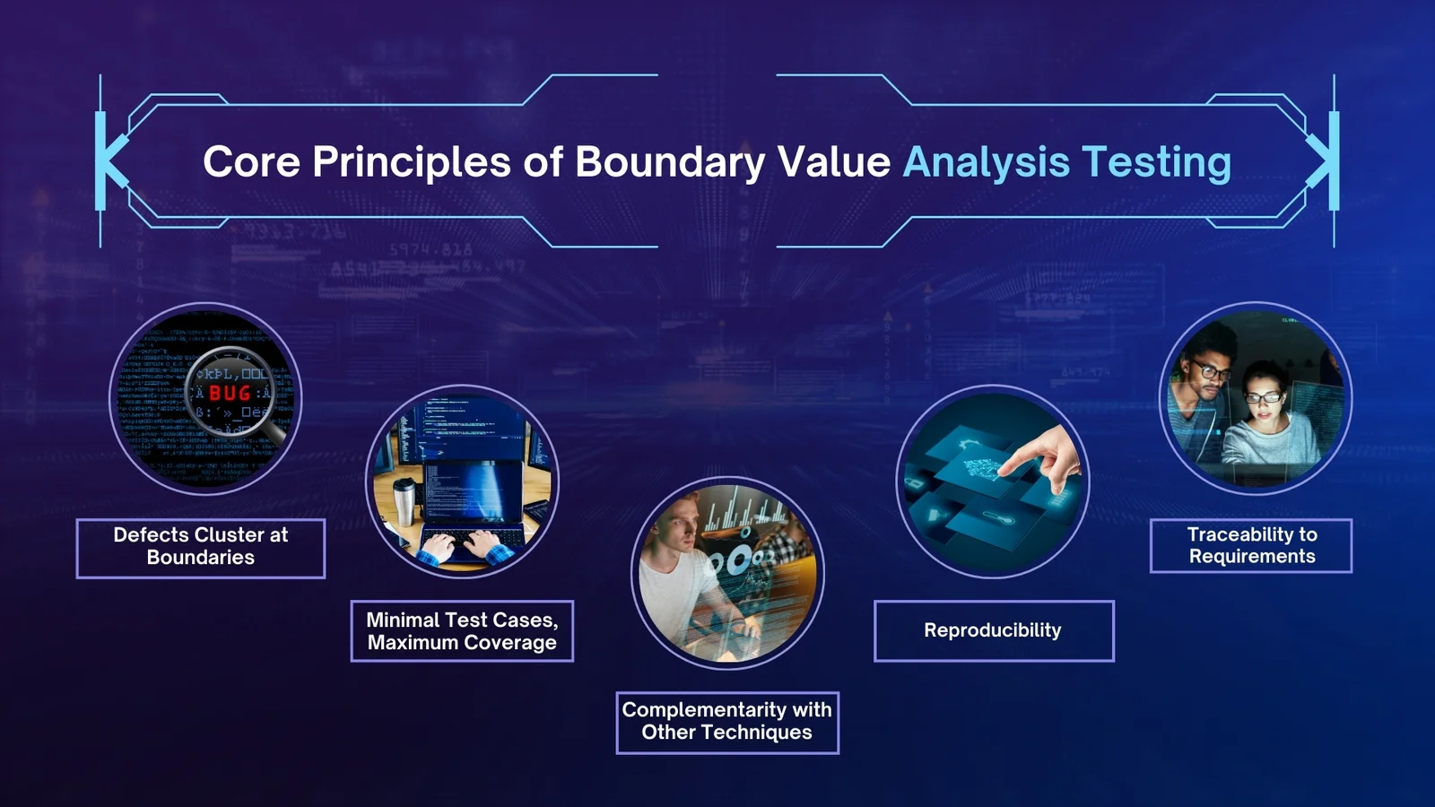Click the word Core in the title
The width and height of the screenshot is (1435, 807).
tap(251, 163)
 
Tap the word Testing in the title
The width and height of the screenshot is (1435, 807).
tap(1156, 163)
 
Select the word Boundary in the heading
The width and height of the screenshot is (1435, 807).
tap(670, 163)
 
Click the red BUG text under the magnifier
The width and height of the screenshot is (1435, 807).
tap(230, 393)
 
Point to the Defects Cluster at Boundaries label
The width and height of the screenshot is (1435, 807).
tap(201, 547)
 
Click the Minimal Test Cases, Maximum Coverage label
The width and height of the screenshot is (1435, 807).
tap(462, 631)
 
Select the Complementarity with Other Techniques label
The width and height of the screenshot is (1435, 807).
tap(726, 722)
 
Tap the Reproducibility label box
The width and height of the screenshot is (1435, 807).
tap(993, 630)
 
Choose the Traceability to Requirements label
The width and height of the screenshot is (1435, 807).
tap(1251, 545)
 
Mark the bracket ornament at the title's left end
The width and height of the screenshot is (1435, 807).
tap(109, 161)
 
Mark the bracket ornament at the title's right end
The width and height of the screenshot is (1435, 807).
tap(1326, 161)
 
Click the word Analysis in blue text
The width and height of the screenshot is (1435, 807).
tap(986, 163)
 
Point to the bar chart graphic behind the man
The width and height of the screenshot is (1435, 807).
tap(744, 516)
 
